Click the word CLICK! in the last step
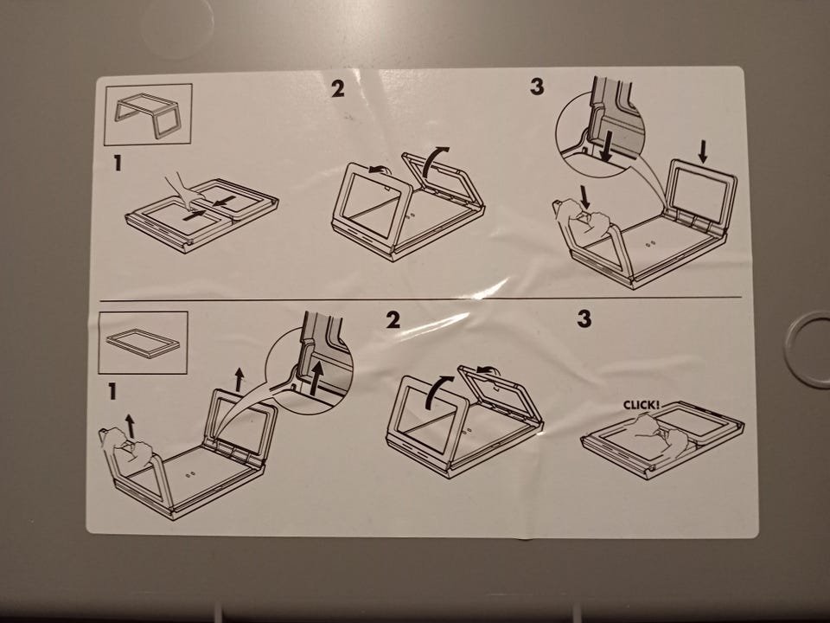click(642, 405)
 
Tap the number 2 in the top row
click(338, 88)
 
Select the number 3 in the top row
click(537, 87)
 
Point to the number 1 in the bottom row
click(112, 391)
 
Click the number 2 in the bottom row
click(393, 319)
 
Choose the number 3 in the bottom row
click(584, 318)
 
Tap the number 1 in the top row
click(118, 163)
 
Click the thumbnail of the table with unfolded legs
click(148, 114)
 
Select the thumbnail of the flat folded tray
click(143, 343)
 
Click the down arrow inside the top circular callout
click(607, 146)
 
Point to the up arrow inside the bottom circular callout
click(316, 378)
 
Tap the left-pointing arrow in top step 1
click(224, 202)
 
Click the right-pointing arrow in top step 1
click(195, 215)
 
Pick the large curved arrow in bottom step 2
click(435, 391)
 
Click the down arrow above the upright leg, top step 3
click(702, 151)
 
